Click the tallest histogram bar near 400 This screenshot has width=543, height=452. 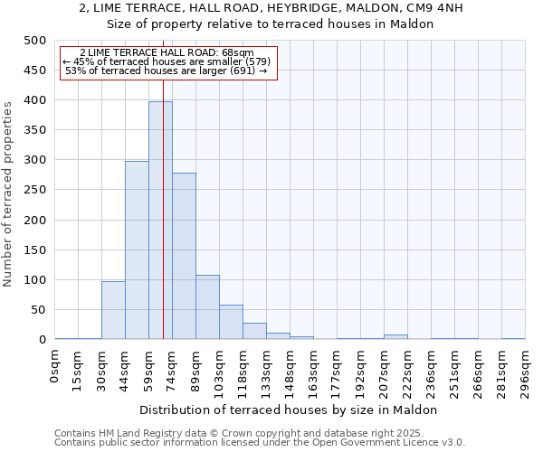160,221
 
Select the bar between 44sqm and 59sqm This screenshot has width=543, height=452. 137,250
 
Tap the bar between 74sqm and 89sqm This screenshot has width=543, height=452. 184,256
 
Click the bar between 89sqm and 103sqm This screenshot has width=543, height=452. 207,307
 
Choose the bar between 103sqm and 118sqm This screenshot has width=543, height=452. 231,322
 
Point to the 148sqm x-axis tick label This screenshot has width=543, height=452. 291,373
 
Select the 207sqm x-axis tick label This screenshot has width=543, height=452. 385,373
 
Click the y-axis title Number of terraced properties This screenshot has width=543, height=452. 8,193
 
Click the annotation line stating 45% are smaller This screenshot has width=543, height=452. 167,61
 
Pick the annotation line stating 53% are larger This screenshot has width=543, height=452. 167,71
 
